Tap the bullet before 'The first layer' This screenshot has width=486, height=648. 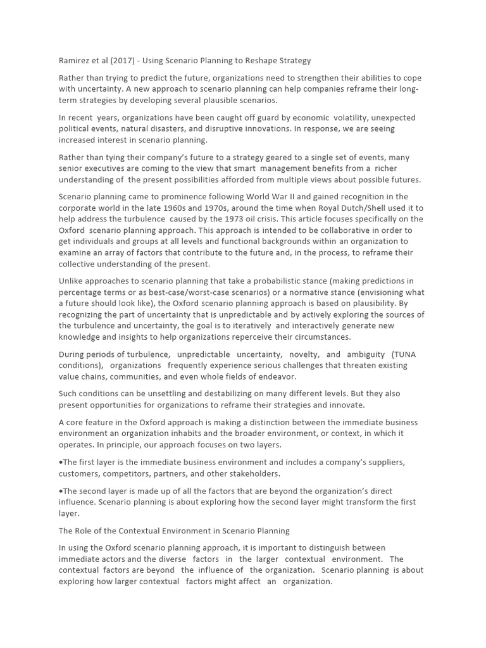[x=60, y=462]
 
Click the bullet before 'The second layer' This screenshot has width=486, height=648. [x=60, y=491]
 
